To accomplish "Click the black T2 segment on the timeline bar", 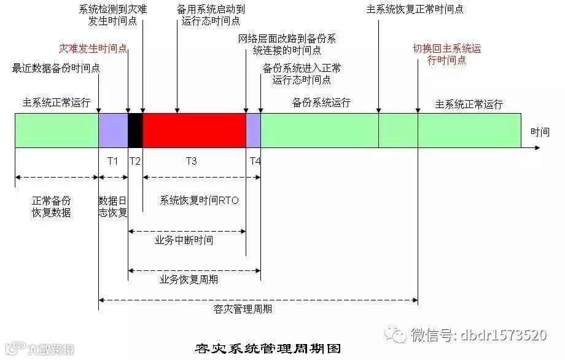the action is point(135,130).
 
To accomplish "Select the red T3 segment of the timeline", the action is point(194,130).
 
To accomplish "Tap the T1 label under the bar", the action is point(112,161).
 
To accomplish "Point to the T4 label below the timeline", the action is point(255,161).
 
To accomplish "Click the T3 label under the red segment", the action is point(191,161).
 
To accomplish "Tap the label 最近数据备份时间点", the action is point(55,68).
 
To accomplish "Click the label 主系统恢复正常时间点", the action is point(415,10).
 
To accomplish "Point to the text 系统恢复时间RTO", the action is point(199,200).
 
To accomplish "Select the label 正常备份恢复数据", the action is point(52,206).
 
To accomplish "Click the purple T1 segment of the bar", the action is point(113,130).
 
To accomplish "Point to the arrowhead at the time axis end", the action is point(537,148).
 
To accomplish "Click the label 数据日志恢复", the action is point(113,206).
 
